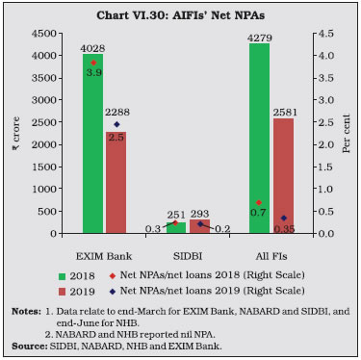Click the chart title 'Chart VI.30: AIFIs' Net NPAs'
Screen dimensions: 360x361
180,13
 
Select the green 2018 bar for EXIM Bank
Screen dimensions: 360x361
93,144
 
